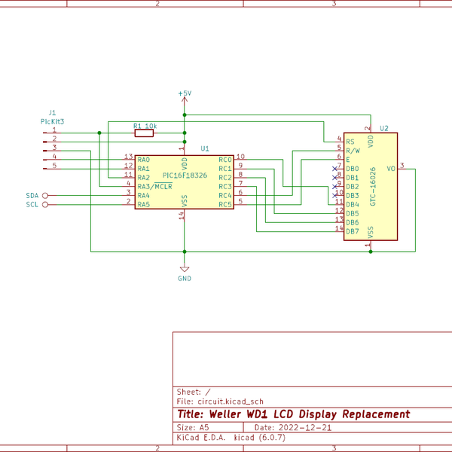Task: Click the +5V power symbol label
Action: click(x=185, y=93)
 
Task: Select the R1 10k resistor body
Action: click(x=144, y=133)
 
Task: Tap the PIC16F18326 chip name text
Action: click(x=185, y=175)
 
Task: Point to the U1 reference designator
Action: click(x=205, y=149)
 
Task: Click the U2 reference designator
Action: click(x=384, y=129)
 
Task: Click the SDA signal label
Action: click(x=32, y=195)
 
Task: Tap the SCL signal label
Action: click(x=32, y=204)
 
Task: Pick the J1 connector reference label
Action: click(x=52, y=111)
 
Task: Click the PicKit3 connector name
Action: click(x=52, y=121)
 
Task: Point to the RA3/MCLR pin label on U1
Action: click(x=154, y=187)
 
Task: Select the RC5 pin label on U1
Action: click(x=225, y=204)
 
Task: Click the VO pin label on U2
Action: click(x=390, y=169)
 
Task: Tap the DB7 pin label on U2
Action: click(x=352, y=231)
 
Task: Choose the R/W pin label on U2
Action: click(x=353, y=151)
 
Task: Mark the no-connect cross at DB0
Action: click(x=334, y=168)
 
